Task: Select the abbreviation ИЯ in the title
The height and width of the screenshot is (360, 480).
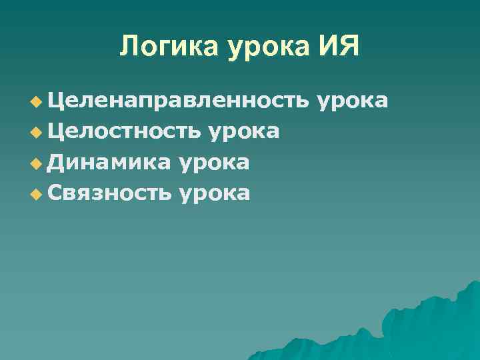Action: click(339, 47)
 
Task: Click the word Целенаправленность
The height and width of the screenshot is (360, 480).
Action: click(179, 101)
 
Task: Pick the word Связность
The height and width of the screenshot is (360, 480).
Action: click(111, 193)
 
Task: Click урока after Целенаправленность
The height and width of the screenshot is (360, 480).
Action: click(353, 102)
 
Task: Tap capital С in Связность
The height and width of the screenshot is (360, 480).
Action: click(55, 193)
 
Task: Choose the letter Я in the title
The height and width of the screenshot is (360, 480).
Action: click(350, 47)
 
